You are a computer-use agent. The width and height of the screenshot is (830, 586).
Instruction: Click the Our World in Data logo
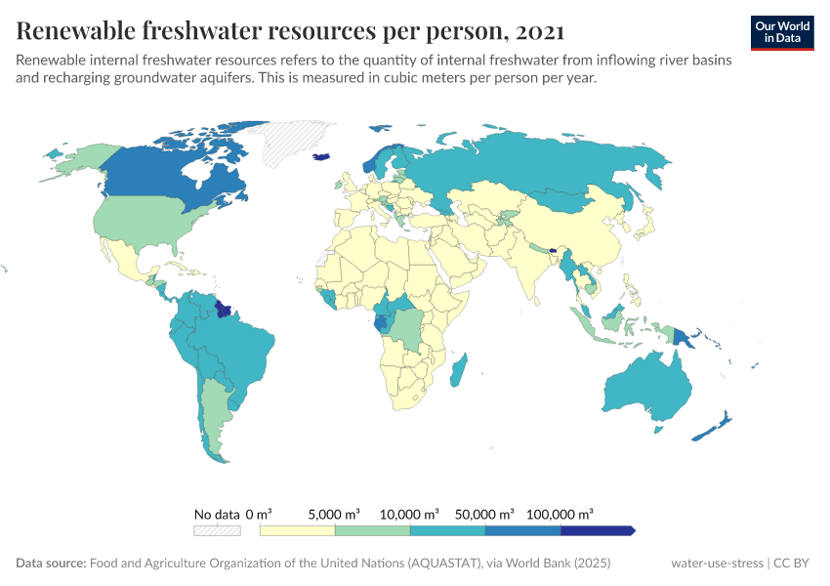[781, 32]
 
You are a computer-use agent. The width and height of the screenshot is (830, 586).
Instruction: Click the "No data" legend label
[217, 514]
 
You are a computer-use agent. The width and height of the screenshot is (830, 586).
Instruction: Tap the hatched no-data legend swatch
[217, 530]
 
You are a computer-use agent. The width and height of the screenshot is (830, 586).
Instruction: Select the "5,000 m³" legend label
[334, 514]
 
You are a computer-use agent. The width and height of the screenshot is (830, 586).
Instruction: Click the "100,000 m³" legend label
[560, 514]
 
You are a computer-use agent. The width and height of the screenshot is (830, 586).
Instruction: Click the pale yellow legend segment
[297, 530]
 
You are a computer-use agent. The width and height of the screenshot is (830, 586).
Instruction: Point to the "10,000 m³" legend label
[410, 514]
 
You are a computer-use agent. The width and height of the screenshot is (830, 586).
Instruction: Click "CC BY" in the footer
[793, 564]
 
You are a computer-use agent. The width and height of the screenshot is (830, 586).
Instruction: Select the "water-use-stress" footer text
[717, 564]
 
